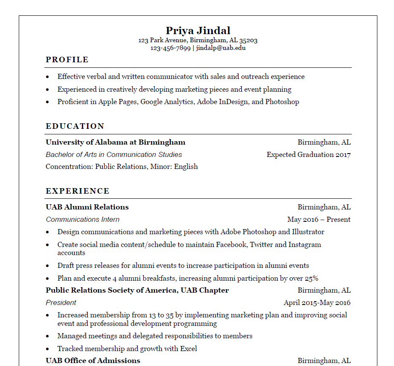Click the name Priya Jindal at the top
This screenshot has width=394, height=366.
(x=198, y=31)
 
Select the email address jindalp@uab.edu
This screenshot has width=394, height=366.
(x=221, y=48)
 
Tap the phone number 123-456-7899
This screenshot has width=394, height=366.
(x=170, y=48)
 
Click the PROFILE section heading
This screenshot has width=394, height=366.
(x=67, y=60)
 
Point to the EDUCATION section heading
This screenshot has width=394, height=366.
(x=75, y=126)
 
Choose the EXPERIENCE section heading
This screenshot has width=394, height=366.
(x=78, y=191)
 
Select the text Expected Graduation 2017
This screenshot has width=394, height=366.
(x=308, y=155)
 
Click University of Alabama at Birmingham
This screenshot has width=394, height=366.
(x=116, y=142)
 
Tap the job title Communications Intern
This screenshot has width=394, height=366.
(x=82, y=220)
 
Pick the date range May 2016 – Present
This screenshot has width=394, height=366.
(x=319, y=220)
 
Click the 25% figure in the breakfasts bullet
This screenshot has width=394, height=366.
(x=311, y=279)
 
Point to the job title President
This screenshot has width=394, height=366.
(x=61, y=303)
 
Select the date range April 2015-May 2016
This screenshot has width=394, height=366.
(x=317, y=303)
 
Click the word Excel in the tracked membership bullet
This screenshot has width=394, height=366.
(x=188, y=349)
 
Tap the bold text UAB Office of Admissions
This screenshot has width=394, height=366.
(x=93, y=361)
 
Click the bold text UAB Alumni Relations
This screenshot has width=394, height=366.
(x=87, y=207)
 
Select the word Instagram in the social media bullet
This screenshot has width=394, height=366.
(x=304, y=245)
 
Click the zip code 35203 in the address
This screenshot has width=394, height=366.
(x=248, y=41)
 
